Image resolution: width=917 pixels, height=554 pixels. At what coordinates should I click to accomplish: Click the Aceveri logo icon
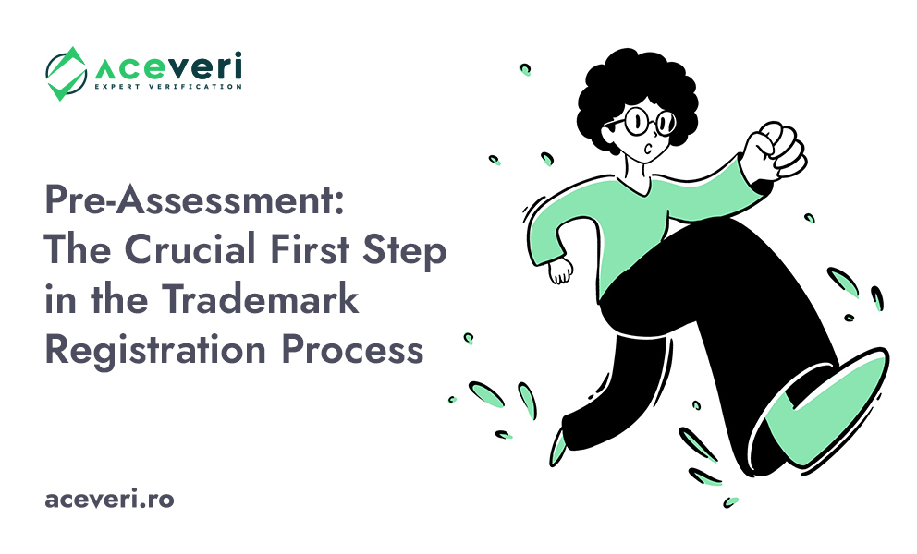click(66, 73)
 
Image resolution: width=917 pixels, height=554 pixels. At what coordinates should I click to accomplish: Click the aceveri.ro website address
click(109, 500)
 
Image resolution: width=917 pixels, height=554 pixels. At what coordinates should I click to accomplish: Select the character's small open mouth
click(653, 146)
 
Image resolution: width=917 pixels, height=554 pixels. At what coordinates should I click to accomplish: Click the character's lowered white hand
click(560, 271)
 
